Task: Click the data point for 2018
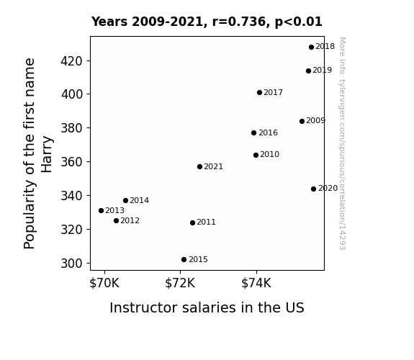[x=311, y=48]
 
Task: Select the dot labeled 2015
[x=184, y=260]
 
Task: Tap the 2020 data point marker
[x=313, y=189]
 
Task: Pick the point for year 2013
[x=101, y=210]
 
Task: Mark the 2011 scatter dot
[x=192, y=223]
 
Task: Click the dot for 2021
[x=199, y=166]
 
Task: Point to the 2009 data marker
[x=302, y=121]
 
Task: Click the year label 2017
[x=274, y=92]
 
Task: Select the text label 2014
[x=140, y=200]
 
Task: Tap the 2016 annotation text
[x=269, y=132]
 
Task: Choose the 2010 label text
[x=269, y=154]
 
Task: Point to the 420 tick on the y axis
[x=72, y=61]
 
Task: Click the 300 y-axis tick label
[x=72, y=264]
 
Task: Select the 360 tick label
[x=72, y=162]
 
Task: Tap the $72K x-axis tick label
[x=180, y=283]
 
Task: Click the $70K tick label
[x=104, y=283]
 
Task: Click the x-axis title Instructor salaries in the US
[x=207, y=307]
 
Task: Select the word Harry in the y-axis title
[x=47, y=155]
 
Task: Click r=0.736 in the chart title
[x=239, y=22]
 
